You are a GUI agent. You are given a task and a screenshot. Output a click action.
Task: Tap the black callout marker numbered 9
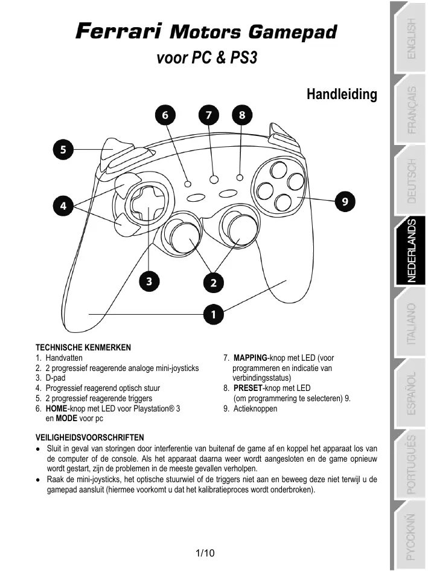[343, 201]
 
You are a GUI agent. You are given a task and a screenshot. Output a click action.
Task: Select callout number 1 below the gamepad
[213, 313]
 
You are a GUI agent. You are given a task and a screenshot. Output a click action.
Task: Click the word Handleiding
[342, 94]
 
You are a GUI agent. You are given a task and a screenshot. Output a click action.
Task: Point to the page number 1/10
[205, 553]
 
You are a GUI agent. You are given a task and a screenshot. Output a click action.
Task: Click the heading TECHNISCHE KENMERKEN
[83, 347]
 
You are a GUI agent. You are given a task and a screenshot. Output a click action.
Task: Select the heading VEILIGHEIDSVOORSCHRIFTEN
[90, 437]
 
